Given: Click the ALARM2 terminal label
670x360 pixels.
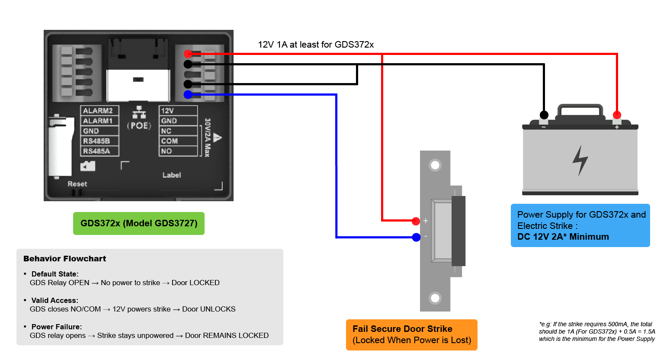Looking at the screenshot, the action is [98, 111].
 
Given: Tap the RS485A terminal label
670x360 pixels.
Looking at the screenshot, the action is [96, 151].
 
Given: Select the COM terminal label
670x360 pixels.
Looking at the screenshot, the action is [169, 141].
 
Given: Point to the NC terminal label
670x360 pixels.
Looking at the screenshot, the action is [166, 131].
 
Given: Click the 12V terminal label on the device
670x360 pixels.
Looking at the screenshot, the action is [167, 111].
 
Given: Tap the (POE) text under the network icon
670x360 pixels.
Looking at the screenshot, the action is [139, 125].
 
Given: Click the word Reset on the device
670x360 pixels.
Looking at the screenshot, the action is [77, 184].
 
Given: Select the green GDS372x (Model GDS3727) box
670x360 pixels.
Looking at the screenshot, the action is [139, 224].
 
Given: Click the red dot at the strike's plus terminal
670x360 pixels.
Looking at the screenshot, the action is [416, 221].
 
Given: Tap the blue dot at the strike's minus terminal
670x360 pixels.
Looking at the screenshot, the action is [416, 237].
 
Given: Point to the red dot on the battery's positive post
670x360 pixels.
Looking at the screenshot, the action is [617, 115].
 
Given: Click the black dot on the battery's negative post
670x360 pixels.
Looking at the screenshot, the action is [544, 115].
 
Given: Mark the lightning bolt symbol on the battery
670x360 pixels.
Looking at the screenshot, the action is [580, 161].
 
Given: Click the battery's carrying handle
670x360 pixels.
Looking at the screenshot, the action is [580, 106].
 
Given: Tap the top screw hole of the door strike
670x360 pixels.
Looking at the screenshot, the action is [435, 165].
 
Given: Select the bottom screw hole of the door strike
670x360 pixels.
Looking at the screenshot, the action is [435, 298].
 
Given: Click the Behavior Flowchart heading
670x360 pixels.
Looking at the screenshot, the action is [64, 259].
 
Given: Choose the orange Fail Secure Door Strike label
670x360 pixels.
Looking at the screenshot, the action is [412, 334].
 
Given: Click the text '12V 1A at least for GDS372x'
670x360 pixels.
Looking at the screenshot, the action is [316, 45].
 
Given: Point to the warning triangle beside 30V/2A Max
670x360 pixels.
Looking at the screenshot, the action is [218, 138].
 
